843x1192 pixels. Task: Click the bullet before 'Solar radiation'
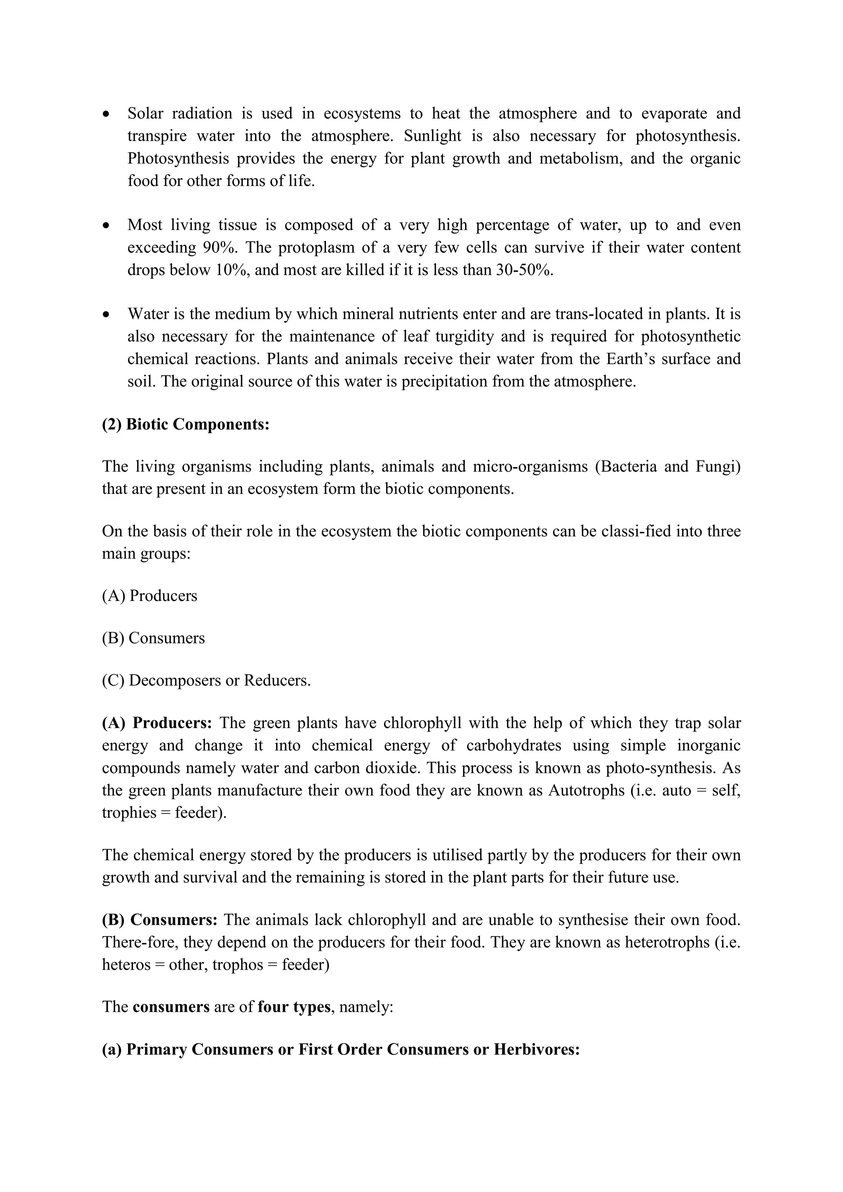(107, 114)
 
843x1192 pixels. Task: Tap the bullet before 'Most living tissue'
(107, 226)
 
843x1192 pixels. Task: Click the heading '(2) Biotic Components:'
(186, 424)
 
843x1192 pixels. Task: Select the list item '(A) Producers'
(149, 596)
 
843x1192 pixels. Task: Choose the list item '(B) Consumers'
(153, 638)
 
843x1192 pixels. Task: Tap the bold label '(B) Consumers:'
(160, 920)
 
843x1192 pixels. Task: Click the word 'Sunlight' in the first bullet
(433, 136)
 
